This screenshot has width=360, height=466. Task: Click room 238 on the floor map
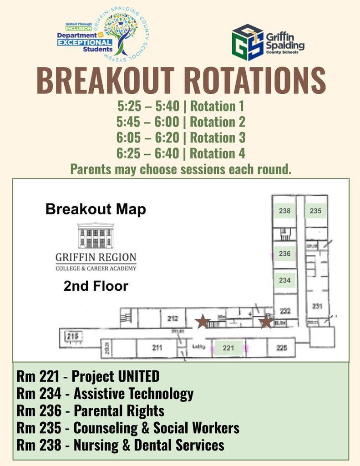[x=284, y=211]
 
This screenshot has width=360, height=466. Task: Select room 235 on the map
[x=315, y=211]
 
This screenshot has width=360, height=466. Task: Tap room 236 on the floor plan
[x=284, y=254]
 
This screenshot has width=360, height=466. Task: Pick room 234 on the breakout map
[x=284, y=280]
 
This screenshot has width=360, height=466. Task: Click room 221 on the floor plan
[x=228, y=348]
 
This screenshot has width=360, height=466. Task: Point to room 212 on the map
[x=172, y=319]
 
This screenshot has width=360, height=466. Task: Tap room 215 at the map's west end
[x=73, y=336]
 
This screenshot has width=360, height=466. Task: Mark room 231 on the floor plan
[x=317, y=306]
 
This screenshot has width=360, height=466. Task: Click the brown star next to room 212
[x=203, y=322]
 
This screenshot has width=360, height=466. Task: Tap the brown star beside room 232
[x=266, y=322]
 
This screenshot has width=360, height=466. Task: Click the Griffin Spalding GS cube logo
[x=248, y=42]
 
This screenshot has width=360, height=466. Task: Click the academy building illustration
[x=96, y=235]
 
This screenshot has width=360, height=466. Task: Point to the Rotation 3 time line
[x=181, y=137]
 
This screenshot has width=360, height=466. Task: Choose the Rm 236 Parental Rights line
[x=91, y=411]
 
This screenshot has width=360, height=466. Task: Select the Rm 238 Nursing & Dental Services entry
[x=121, y=445]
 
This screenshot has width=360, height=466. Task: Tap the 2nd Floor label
[x=96, y=286]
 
